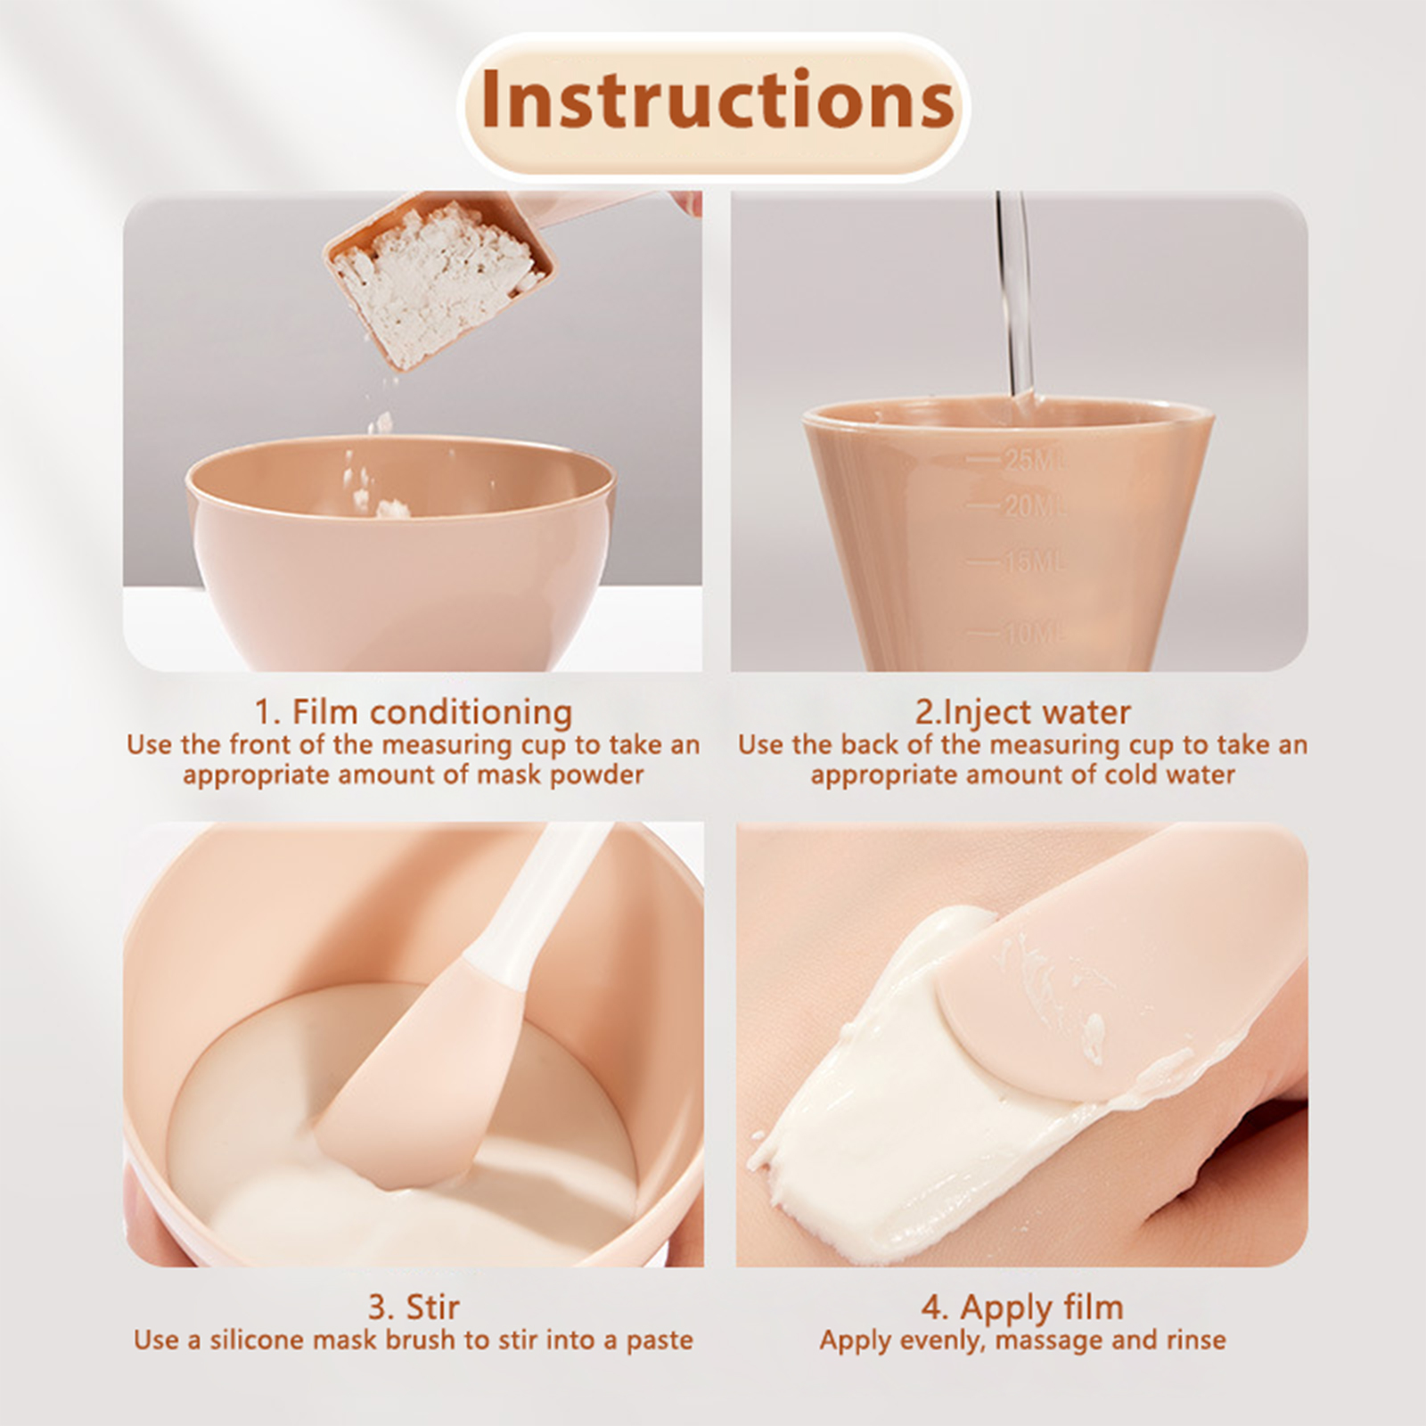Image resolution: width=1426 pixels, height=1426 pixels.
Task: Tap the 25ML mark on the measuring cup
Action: click(x=1034, y=460)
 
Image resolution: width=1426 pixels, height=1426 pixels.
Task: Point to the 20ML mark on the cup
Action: click(x=1034, y=506)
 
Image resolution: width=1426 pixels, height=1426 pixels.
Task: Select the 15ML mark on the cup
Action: click(x=1034, y=562)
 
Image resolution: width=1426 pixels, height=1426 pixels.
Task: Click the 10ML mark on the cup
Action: click(x=1034, y=635)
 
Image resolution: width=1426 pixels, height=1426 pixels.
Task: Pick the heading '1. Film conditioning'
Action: click(x=414, y=712)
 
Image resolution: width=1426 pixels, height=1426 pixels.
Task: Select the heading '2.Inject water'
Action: click(x=1022, y=712)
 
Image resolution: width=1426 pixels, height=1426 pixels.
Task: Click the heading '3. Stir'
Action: click(x=414, y=1307)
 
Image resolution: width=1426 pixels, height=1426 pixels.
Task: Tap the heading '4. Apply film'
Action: click(x=1022, y=1307)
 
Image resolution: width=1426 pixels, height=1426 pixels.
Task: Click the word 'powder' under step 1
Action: click(x=595, y=774)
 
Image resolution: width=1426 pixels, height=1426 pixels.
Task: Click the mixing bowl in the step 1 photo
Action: click(x=401, y=553)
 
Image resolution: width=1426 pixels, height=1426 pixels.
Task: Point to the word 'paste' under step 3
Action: click(x=659, y=1341)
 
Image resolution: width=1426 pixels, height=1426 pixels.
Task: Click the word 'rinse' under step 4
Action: click(x=1191, y=1340)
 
